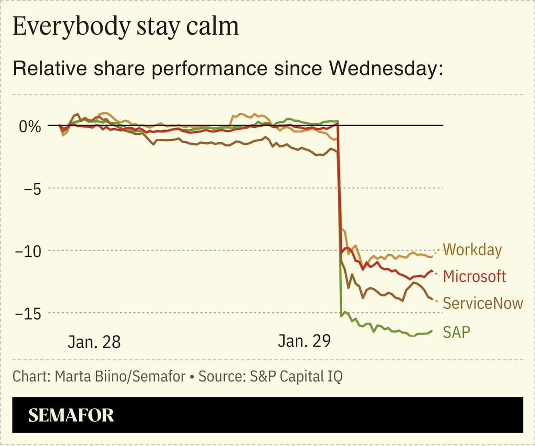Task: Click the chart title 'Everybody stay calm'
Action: pos(125,26)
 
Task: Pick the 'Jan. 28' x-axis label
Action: pos(94,342)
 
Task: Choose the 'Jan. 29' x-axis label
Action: pos(304,342)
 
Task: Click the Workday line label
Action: pos(472,250)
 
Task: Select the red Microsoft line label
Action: pos(474,276)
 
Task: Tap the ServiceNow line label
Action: pos(483,303)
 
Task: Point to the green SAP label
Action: pos(457,332)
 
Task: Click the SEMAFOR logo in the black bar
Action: pos(71,415)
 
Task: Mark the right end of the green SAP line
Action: pos(432,331)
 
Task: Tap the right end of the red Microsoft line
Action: pos(432,271)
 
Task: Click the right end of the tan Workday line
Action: pos(432,256)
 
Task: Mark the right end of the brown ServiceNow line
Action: pos(432,298)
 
